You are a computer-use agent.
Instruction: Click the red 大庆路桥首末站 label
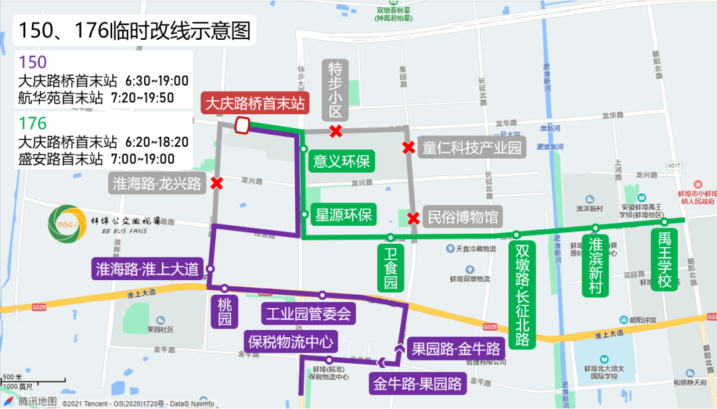point(255,104)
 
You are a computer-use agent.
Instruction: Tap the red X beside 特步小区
point(336,131)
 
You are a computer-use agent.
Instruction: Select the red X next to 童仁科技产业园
point(409,147)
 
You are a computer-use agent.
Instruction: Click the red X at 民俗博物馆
point(414,217)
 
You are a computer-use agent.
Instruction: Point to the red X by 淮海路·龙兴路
point(216,183)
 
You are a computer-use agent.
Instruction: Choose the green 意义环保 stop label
point(341,161)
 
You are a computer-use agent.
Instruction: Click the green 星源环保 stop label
point(345,215)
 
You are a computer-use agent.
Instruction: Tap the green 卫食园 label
point(390,268)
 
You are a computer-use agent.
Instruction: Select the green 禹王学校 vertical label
point(665,259)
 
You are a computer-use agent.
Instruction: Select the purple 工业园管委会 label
point(307,313)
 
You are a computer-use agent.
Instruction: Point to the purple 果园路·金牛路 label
point(455,347)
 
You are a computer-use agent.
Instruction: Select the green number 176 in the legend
point(33,123)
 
